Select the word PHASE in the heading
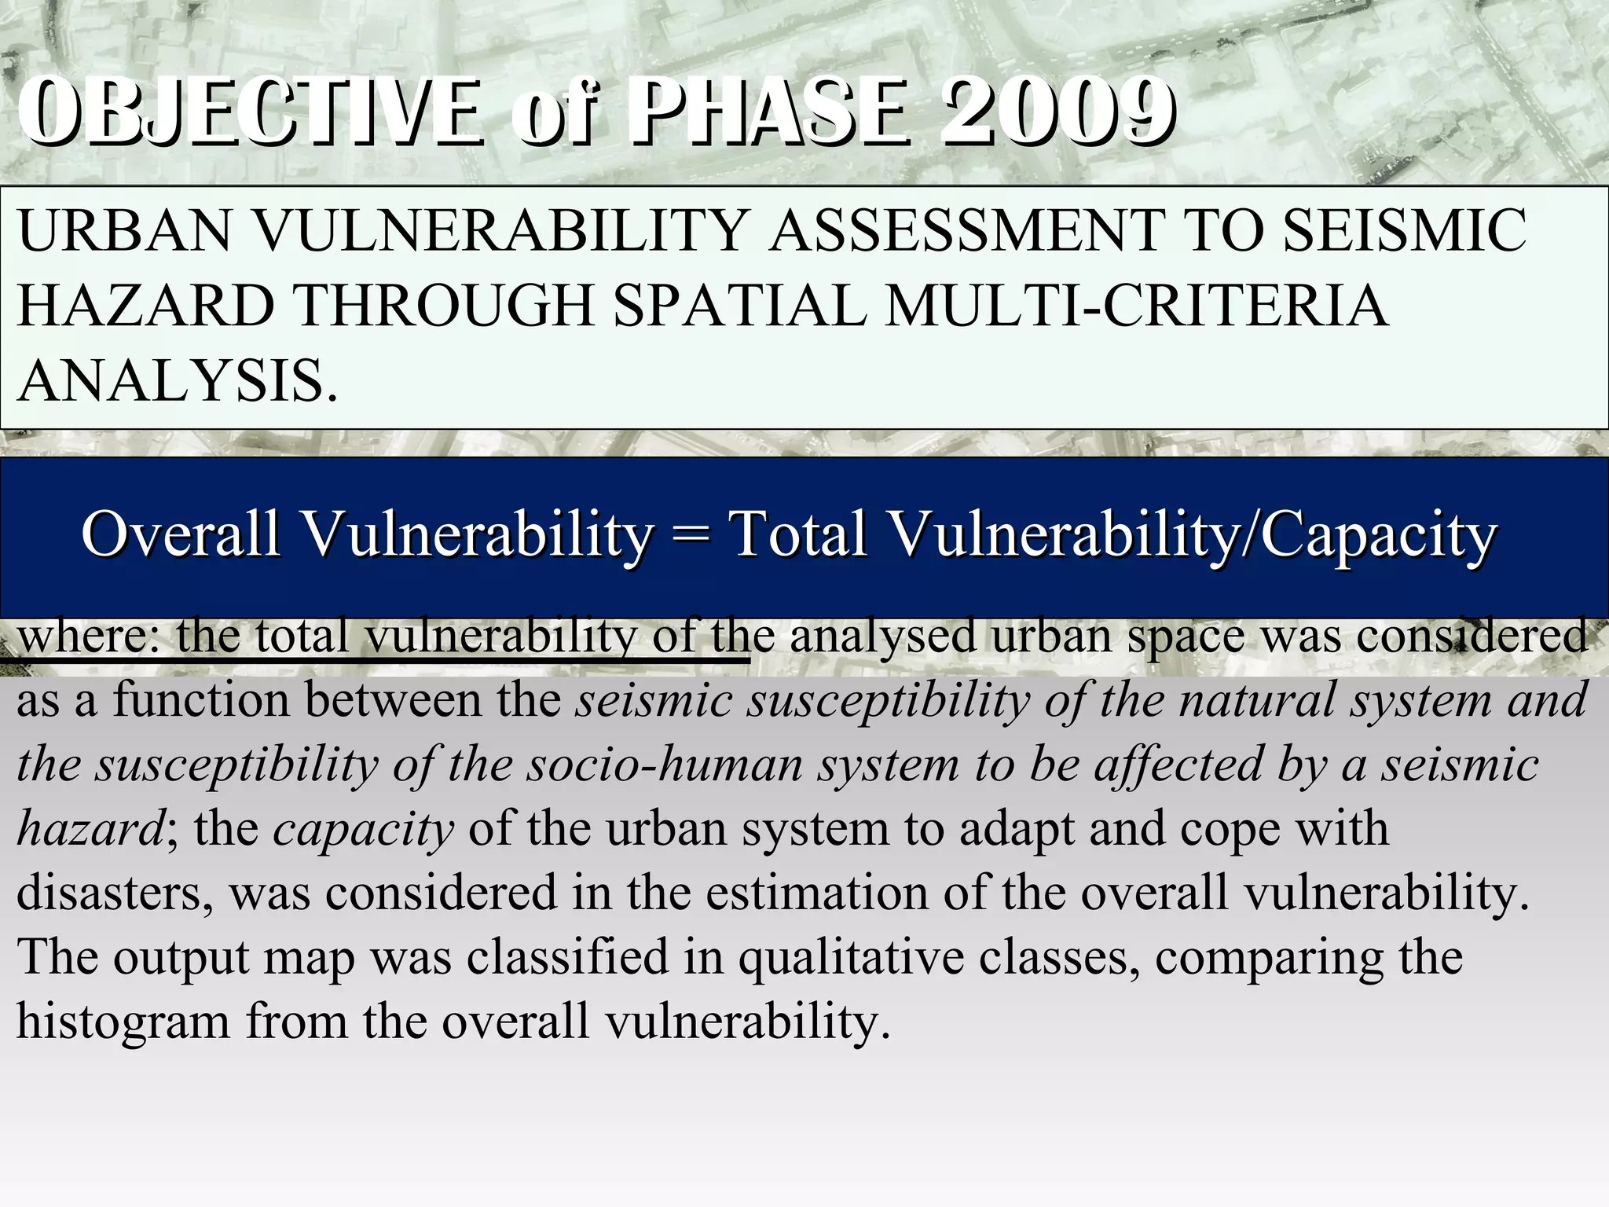click(770, 112)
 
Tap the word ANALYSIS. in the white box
click(178, 380)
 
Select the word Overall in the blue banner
click(180, 534)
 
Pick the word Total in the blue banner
click(798, 534)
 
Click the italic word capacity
click(363, 828)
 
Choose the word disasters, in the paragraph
click(115, 893)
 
